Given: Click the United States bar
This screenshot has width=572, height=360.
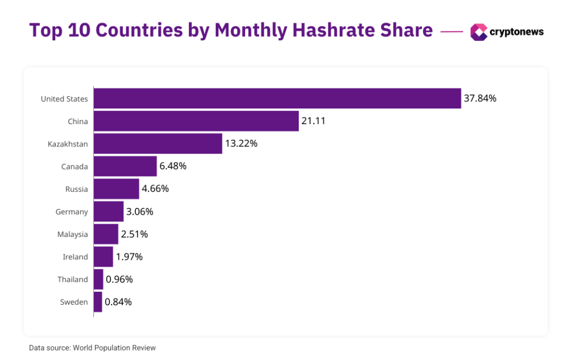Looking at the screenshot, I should click(x=277, y=98).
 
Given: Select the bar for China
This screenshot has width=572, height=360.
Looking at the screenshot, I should click(x=196, y=121).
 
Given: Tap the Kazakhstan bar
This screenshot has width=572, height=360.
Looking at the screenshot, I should click(x=158, y=144).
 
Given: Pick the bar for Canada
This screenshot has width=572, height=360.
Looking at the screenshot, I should click(x=125, y=166).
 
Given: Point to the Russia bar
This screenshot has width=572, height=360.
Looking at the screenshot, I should click(x=116, y=189).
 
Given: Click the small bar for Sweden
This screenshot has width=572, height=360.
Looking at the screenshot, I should click(x=98, y=302).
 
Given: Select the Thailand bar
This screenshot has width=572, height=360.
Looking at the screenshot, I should click(x=98, y=279).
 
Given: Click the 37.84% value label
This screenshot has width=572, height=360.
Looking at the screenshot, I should click(x=480, y=98).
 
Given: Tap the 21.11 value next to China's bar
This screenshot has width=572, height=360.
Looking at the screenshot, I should click(x=314, y=121).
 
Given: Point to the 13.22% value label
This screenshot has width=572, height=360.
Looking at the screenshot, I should click(x=241, y=144).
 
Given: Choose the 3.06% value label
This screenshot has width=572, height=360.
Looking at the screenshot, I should click(x=140, y=211).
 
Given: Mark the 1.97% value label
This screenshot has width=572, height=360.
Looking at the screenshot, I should click(x=129, y=257).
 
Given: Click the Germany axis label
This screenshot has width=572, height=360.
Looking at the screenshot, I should click(x=71, y=212).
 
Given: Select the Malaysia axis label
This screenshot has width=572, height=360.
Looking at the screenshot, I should click(x=73, y=234).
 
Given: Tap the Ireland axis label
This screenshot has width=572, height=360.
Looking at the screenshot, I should click(x=75, y=257).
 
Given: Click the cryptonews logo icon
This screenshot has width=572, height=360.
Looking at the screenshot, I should click(x=479, y=32).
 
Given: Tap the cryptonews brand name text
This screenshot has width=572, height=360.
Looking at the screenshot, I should click(x=516, y=32).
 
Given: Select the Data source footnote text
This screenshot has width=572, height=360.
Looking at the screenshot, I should click(x=92, y=348).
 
